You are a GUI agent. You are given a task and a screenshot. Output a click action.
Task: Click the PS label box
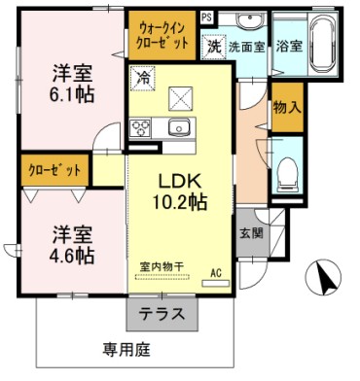coord(205,17)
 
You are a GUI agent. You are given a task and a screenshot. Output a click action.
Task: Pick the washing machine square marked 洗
coord(213,45)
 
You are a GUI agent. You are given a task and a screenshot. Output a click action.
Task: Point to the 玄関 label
coord(249,233)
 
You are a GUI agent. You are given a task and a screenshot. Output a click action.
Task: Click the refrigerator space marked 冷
coord(143,76)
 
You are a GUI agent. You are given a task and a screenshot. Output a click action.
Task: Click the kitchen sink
coord(178,128)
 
